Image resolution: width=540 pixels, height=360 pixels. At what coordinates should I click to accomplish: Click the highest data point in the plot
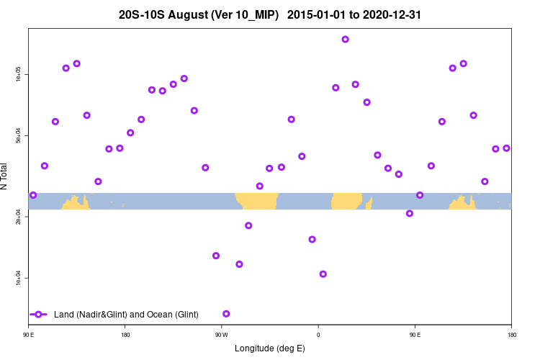point(346,40)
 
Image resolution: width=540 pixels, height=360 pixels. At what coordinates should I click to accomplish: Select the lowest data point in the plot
point(227,314)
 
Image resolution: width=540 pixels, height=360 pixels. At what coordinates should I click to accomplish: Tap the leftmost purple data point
point(33,195)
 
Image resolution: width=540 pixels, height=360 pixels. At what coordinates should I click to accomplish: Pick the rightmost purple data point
point(506,148)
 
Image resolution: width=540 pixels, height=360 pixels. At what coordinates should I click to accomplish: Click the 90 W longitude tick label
point(221,335)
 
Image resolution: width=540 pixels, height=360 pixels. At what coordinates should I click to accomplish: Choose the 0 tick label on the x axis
point(318,335)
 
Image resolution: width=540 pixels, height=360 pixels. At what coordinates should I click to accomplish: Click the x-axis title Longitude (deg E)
point(270,348)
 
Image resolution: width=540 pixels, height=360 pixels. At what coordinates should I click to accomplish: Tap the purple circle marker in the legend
point(39,315)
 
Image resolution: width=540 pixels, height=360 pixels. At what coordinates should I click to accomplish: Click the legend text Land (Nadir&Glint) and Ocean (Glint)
point(126,315)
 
